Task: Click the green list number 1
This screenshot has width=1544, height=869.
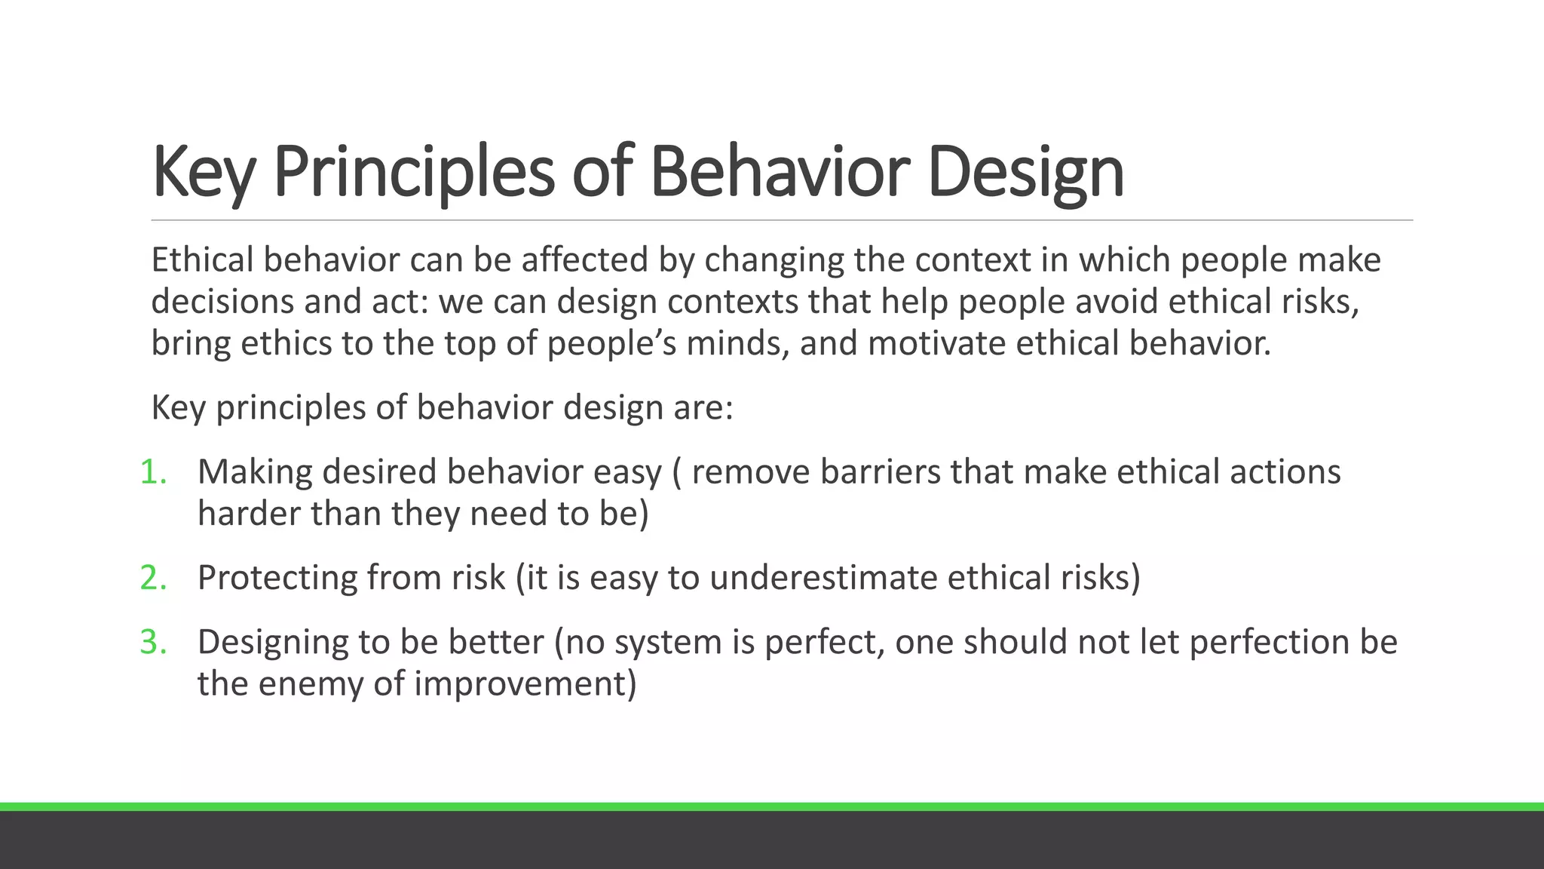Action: pyautogui.click(x=153, y=472)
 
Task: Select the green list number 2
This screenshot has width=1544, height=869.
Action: pyautogui.click(x=153, y=578)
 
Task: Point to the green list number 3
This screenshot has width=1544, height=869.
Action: pyautogui.click(x=153, y=642)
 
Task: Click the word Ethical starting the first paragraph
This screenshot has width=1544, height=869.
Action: pyautogui.click(x=202, y=260)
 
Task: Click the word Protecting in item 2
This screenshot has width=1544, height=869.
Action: pyautogui.click(x=277, y=578)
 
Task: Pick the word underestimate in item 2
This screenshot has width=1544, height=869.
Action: pyautogui.click(x=823, y=578)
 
